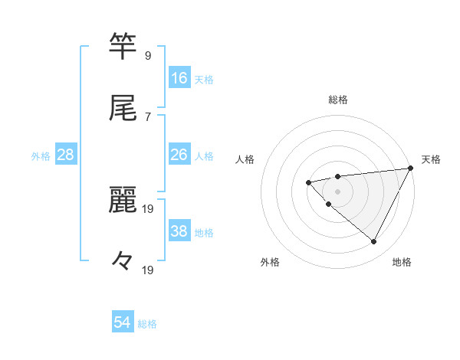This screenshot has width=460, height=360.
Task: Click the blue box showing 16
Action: pyautogui.click(x=179, y=77)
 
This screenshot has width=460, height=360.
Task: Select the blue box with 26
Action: pyautogui.click(x=179, y=155)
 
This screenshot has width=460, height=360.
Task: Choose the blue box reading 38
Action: pyautogui.click(x=179, y=231)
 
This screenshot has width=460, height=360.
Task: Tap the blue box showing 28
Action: pyautogui.click(x=66, y=155)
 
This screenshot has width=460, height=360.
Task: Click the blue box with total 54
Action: pyautogui.click(x=123, y=322)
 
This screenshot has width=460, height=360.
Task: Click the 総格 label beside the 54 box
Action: pyautogui.click(x=147, y=324)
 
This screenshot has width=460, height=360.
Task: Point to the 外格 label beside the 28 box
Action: pyautogui.click(x=41, y=156)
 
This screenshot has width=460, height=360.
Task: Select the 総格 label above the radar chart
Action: pyautogui.click(x=337, y=100)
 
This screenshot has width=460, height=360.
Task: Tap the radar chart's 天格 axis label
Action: pyautogui.click(x=431, y=159)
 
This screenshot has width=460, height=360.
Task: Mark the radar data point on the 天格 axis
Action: pyautogui.click(x=412, y=168)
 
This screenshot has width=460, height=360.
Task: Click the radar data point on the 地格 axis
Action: pyautogui.click(x=373, y=241)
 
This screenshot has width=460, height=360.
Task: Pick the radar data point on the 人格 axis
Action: pyautogui.click(x=308, y=182)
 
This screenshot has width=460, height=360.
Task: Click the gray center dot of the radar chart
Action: pyautogui.click(x=337, y=191)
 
